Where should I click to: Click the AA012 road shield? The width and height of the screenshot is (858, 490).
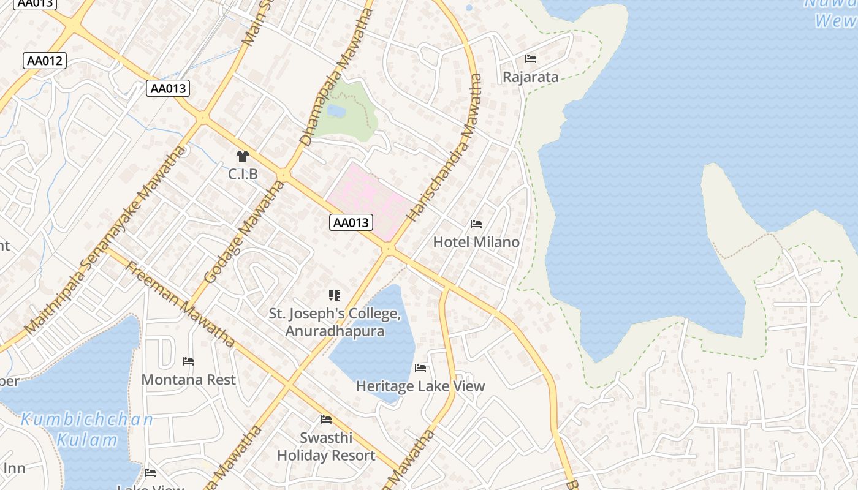[45, 61]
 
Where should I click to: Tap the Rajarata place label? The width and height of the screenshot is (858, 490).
[530, 77]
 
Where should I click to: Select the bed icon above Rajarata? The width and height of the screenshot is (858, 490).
[531, 59]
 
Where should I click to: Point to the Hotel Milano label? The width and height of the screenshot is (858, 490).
[476, 242]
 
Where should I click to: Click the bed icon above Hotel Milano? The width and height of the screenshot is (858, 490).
[476, 224]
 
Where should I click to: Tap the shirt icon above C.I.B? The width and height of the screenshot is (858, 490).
[243, 156]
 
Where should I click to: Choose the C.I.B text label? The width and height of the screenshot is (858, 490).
[243, 175]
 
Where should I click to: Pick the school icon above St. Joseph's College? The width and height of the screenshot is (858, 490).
[334, 295]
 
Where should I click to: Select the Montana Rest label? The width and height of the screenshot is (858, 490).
[188, 380]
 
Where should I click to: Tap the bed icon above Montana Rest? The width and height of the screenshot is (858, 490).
[188, 361]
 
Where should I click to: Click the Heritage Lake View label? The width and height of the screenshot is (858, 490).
[420, 386]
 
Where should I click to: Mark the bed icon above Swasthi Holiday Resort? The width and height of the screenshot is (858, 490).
[326, 420]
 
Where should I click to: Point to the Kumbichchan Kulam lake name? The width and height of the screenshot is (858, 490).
[87, 429]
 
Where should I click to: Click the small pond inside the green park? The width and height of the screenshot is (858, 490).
[336, 111]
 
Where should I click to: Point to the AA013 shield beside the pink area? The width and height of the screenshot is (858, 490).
[351, 222]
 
